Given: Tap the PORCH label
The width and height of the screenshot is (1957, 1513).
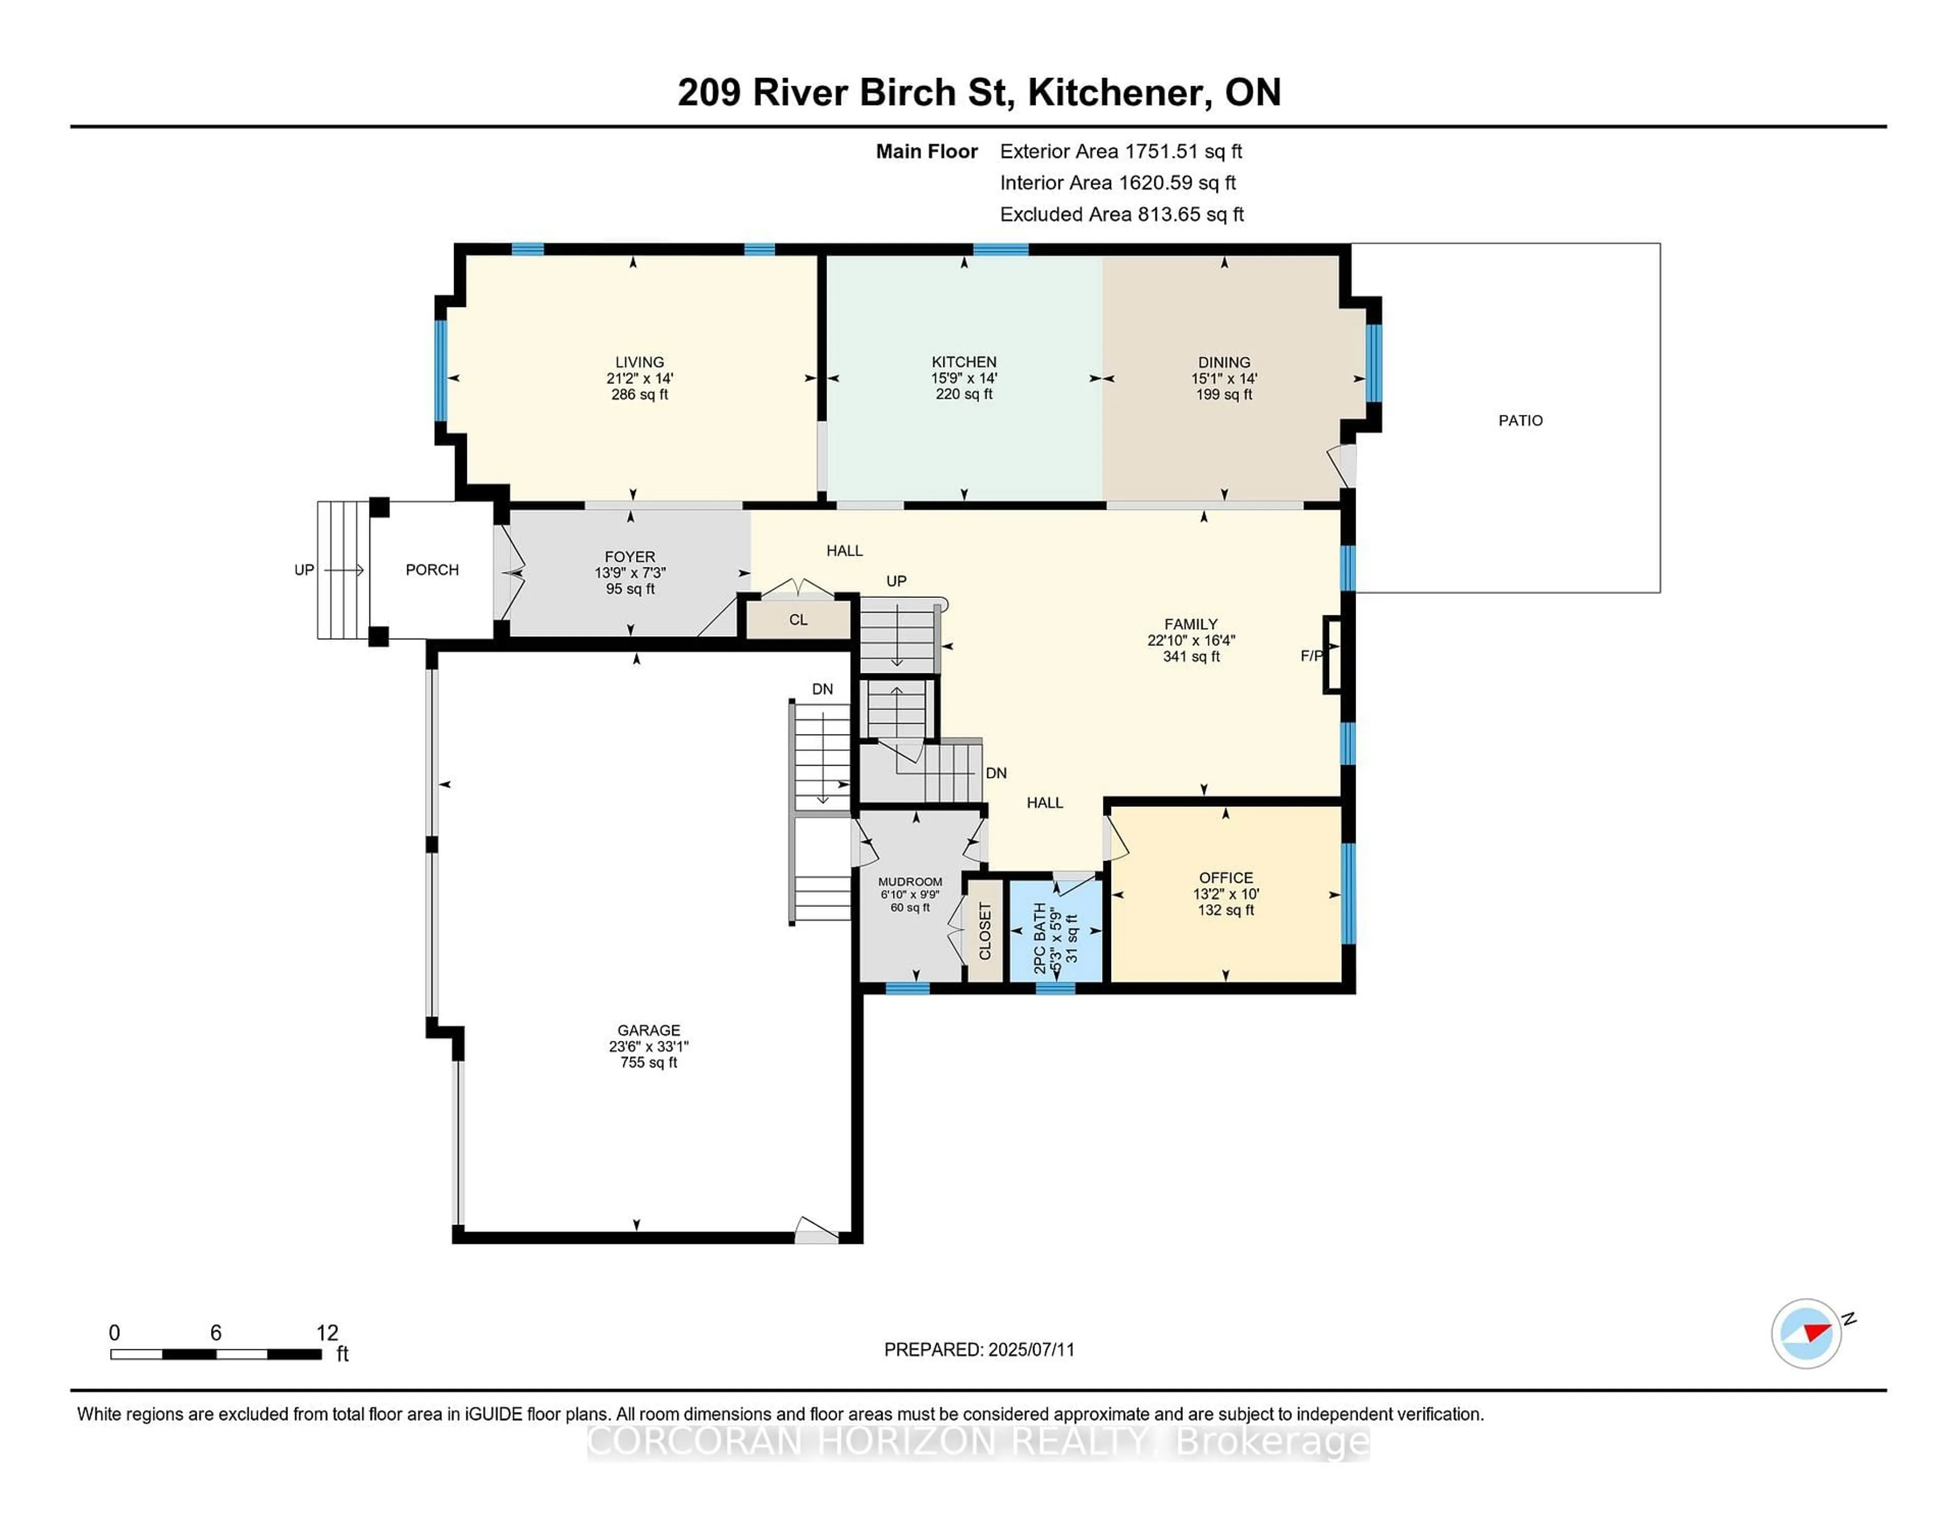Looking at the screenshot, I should [x=432, y=570].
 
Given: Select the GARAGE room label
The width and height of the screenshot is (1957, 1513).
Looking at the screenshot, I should [x=648, y=1030].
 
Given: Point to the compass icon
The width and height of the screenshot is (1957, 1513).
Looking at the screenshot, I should [x=1806, y=1333].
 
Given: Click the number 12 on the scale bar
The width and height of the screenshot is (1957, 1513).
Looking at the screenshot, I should [x=327, y=1333].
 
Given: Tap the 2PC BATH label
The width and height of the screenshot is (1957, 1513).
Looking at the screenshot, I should [x=1040, y=938].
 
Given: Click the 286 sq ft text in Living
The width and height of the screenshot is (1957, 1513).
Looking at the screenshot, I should [x=639, y=395].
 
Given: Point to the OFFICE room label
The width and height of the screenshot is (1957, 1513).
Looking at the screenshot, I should [x=1225, y=877].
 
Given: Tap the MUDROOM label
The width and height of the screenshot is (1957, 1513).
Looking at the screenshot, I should [x=910, y=882].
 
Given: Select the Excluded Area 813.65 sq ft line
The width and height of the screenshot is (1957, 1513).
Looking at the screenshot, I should [x=1121, y=214].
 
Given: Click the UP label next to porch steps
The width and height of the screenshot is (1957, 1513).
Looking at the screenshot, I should [x=304, y=570].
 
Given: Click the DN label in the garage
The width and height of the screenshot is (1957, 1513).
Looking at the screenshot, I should [x=822, y=689].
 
